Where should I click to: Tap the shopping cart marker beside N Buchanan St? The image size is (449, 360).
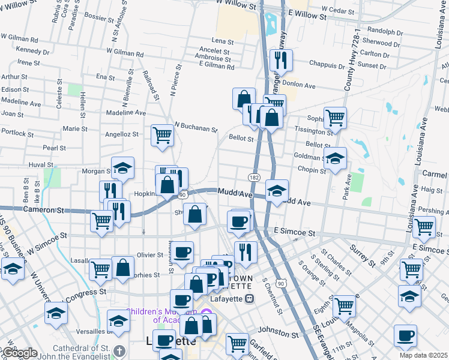tap(162, 136)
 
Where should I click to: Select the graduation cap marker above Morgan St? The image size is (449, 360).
tap(122, 168)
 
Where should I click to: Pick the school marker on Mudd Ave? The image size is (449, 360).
tap(277, 191)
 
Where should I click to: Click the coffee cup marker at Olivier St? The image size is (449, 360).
tap(182, 251)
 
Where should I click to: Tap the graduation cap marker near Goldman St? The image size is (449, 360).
tap(336, 158)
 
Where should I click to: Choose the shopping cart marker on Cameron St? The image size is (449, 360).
tap(101, 220)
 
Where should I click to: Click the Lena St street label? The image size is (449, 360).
tap(222, 41)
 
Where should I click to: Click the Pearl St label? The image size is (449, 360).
tap(54, 148)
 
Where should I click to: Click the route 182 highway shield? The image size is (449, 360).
tap(254, 178)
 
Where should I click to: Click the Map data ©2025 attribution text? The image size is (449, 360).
tap(423, 355)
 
